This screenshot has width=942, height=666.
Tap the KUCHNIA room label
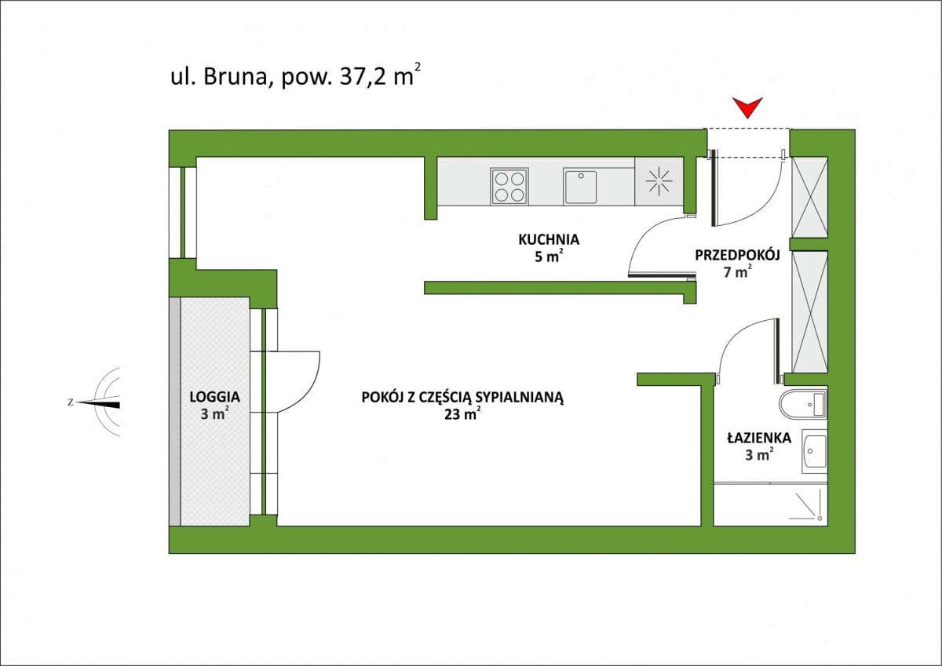[x=549, y=240]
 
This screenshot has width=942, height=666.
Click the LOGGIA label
[x=214, y=397]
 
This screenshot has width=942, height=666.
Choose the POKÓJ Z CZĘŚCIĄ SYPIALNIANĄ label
[x=463, y=397]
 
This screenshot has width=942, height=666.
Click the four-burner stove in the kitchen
[x=509, y=186]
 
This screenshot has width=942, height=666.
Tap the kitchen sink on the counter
[x=580, y=186]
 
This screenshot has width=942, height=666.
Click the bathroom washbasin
[x=814, y=453]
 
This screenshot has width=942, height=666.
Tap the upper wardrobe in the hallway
[x=809, y=197]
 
